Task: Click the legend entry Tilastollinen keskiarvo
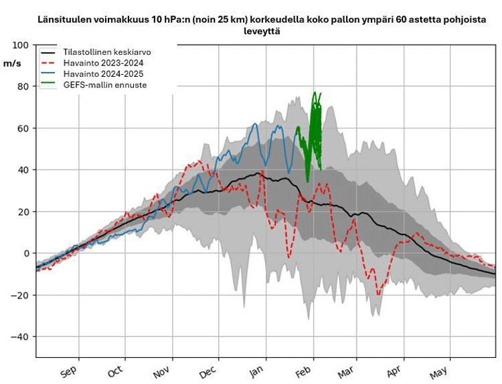coord(107,52)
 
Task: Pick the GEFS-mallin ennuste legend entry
coord(105,85)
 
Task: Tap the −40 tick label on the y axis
coord(21,337)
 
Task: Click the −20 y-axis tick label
coord(21,295)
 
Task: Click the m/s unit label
coord(12,63)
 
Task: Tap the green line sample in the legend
coord(49,85)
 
